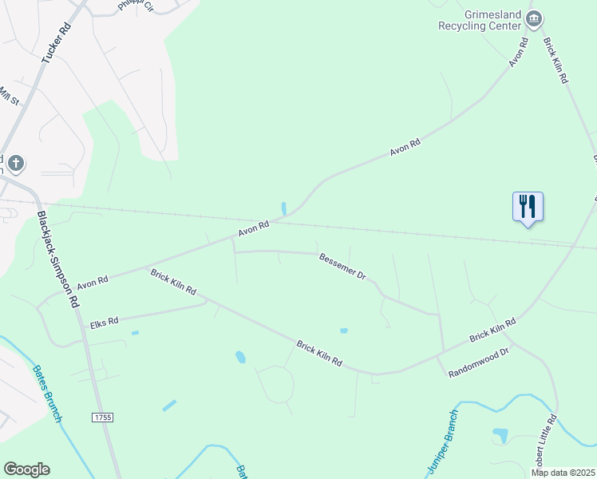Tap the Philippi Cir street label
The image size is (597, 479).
(135, 6)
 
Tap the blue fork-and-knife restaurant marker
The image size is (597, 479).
(528, 207)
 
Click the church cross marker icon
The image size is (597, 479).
(14, 165)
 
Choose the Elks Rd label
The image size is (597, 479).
(104, 322)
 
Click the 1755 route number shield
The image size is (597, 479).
(103, 417)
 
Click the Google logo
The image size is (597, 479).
(26, 469)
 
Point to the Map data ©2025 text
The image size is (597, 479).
(563, 473)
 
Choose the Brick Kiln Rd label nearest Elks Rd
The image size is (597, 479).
(173, 282)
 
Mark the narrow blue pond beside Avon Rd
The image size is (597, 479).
(284, 208)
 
